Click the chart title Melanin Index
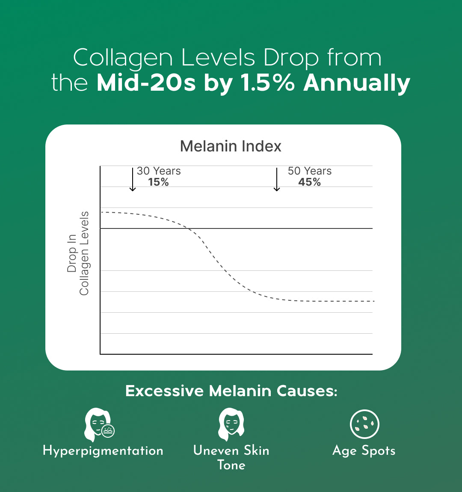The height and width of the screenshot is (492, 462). click(x=231, y=146)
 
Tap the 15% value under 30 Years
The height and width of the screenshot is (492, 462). click(x=158, y=182)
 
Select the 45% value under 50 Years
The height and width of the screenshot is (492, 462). click(x=309, y=182)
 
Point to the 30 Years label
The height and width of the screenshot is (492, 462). click(x=159, y=171)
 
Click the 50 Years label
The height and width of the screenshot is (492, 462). click(x=310, y=171)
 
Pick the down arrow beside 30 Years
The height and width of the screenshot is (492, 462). click(x=133, y=179)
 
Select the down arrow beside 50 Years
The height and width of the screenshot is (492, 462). click(x=277, y=179)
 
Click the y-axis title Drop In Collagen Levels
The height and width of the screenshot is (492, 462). click(x=78, y=253)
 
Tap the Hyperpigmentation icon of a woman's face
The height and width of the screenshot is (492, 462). click(x=99, y=424)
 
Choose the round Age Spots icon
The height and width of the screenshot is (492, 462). click(x=364, y=424)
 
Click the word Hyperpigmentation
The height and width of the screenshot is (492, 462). click(x=103, y=451)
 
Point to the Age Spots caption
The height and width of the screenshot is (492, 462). click(x=364, y=451)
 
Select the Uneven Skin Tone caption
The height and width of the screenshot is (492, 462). click(x=231, y=457)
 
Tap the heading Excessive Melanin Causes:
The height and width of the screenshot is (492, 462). click(x=231, y=391)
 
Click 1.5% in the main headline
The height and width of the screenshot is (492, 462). click(x=267, y=83)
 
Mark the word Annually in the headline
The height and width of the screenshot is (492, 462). click(x=357, y=83)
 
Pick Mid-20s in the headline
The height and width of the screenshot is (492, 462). click(x=146, y=83)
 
